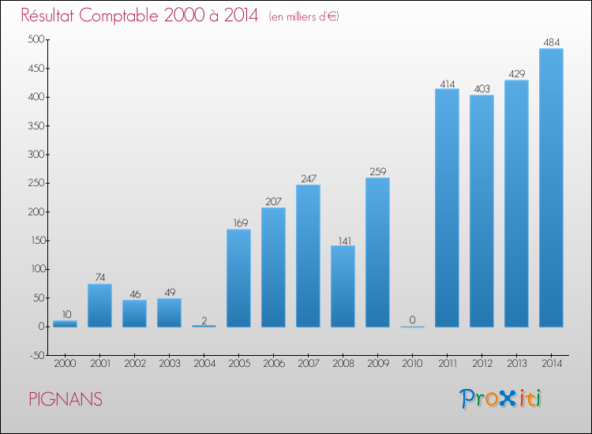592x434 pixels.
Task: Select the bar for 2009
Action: click(377, 252)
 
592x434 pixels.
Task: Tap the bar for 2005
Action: click(238, 278)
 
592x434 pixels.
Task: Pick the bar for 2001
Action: click(99, 305)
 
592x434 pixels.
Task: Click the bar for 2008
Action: click(343, 286)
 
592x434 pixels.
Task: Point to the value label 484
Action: click(551, 42)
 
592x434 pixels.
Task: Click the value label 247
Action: click(308, 178)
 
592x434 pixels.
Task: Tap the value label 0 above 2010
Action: click(412, 320)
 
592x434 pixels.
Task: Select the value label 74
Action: click(99, 277)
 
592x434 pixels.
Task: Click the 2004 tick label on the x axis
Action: click(204, 365)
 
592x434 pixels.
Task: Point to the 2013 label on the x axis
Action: click(516, 365)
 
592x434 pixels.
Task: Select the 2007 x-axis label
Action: click(308, 365)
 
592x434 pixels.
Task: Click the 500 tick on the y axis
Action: click(36, 39)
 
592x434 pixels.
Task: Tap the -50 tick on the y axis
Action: click(36, 355)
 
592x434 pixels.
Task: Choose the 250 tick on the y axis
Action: click(36, 183)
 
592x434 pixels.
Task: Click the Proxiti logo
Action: click(500, 398)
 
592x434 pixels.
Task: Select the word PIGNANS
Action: click(66, 400)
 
